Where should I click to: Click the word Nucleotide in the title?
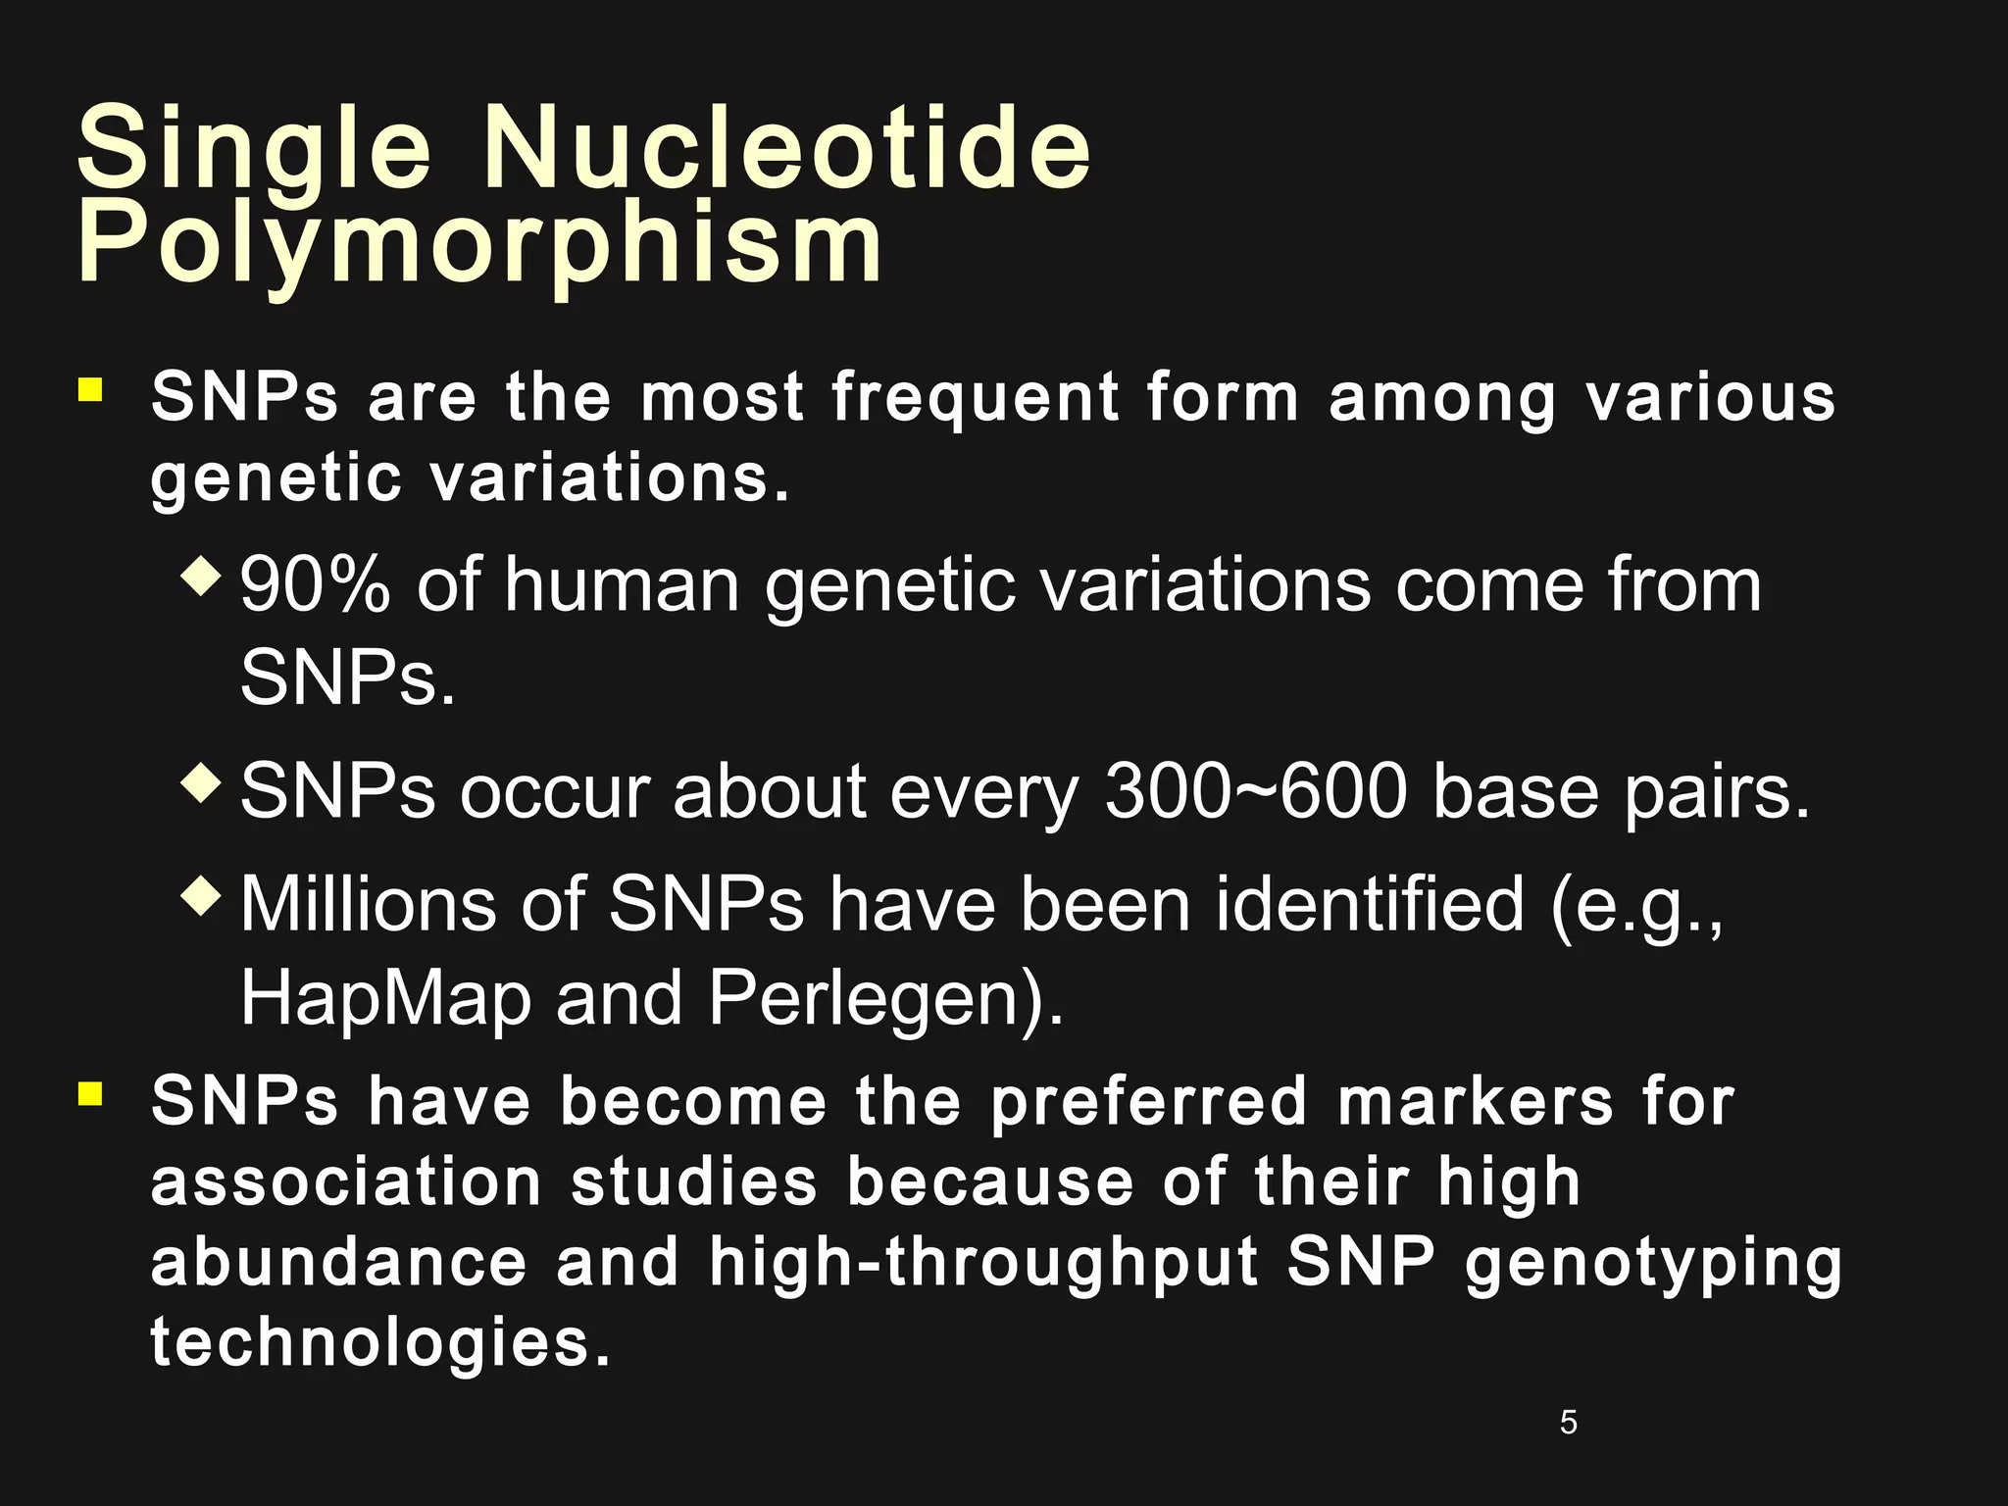pyautogui.click(x=786, y=149)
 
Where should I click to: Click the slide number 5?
pyautogui.click(x=1568, y=1422)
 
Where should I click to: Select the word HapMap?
pyautogui.click(x=384, y=999)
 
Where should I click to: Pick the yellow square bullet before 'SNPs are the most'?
pyautogui.click(x=90, y=391)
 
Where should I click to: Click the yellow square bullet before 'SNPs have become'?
pyautogui.click(x=90, y=1093)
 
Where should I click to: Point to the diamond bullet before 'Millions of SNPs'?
pyautogui.click(x=203, y=895)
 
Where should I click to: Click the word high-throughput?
pyautogui.click(x=983, y=1263)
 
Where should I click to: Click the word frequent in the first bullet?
pyautogui.click(x=976, y=398)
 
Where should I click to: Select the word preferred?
pyautogui.click(x=1148, y=1103)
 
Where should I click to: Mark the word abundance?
pyautogui.click(x=339, y=1262)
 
